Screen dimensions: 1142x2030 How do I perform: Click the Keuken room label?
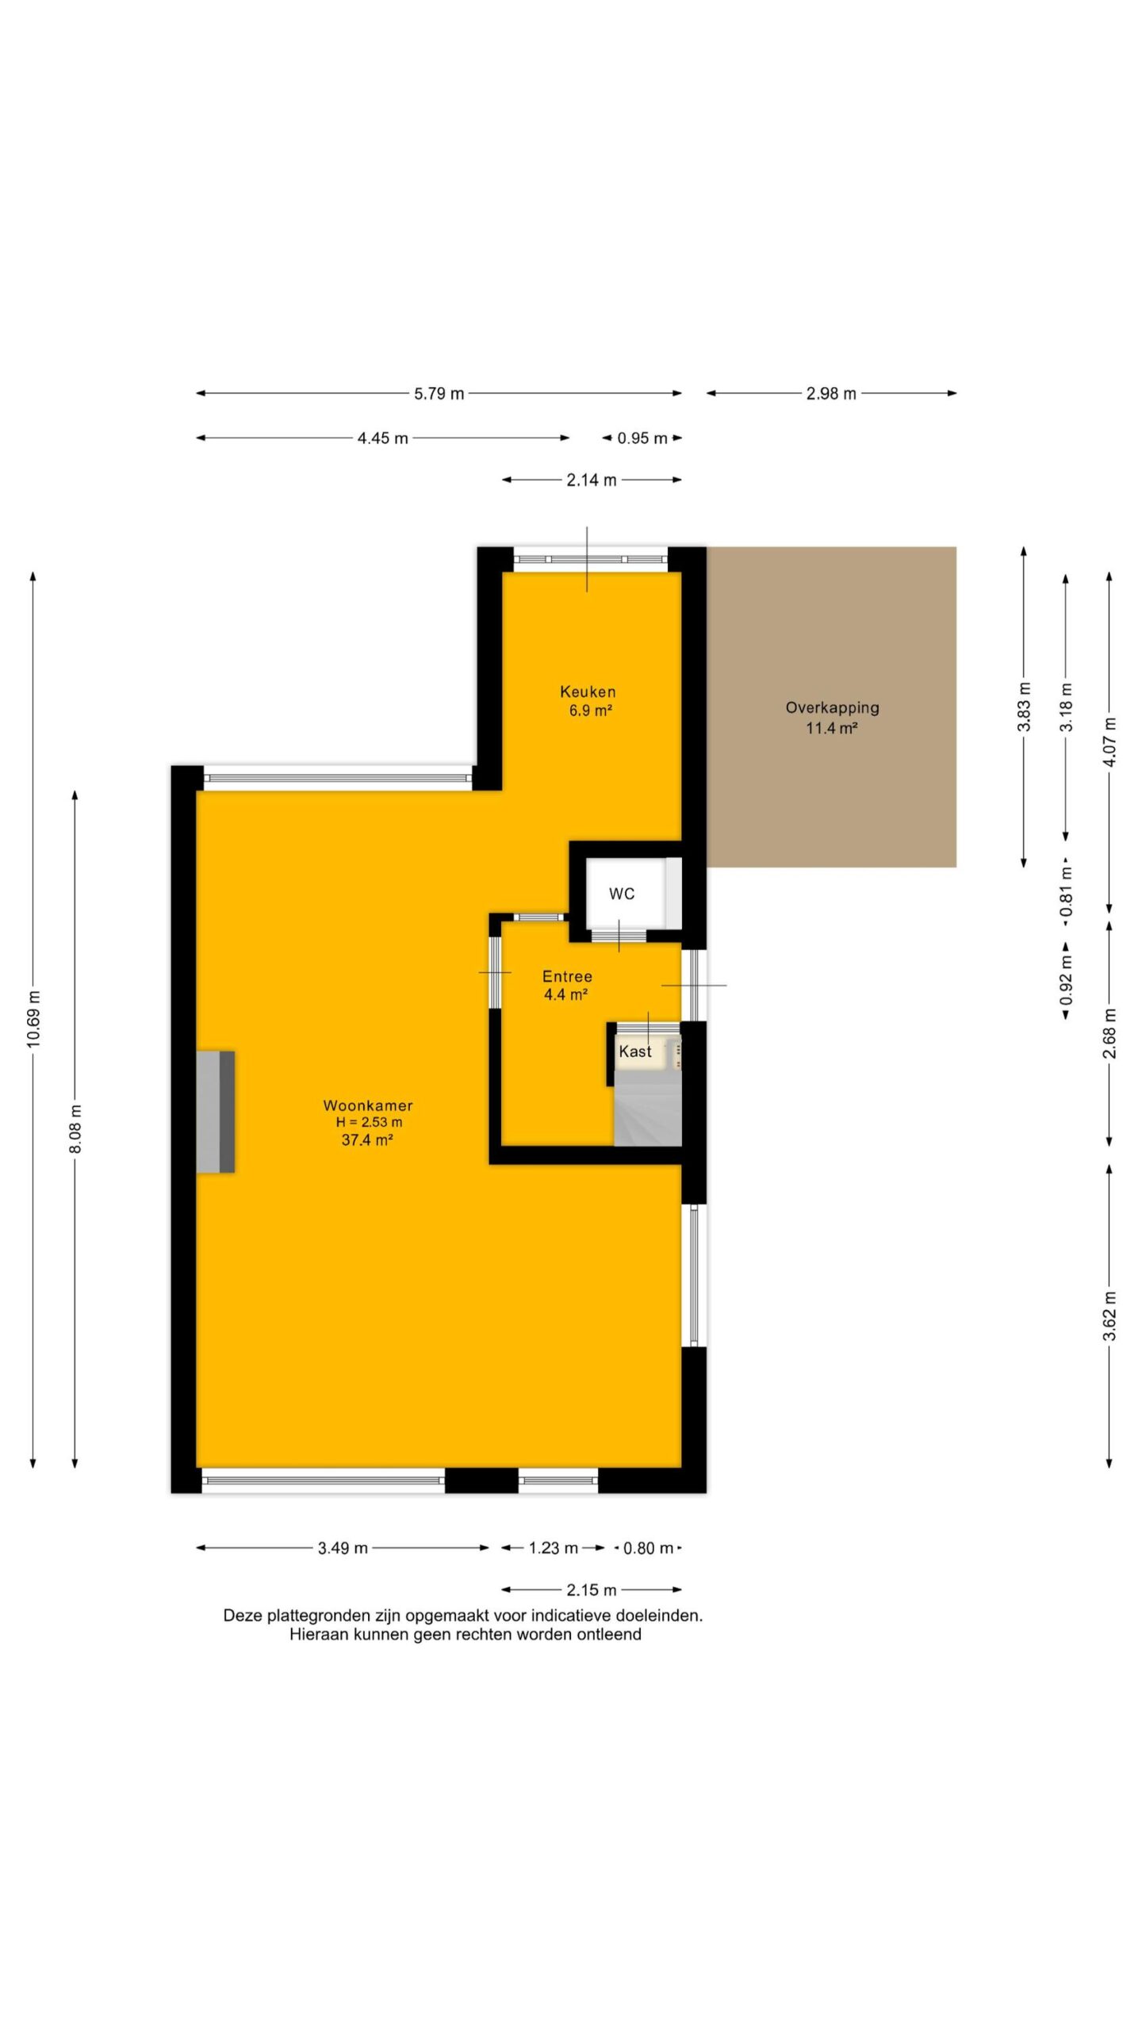tap(588, 691)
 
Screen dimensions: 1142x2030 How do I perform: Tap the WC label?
tap(622, 894)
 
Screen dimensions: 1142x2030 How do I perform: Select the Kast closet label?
tap(635, 1051)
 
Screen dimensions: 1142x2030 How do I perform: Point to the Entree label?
tap(567, 976)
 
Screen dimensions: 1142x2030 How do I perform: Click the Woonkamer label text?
tap(368, 1105)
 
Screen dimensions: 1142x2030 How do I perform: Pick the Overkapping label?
tap(832, 708)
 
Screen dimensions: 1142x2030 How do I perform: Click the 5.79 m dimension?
tap(439, 393)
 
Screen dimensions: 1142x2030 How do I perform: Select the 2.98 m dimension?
tap(831, 393)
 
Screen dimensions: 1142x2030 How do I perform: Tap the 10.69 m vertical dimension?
tap(33, 1019)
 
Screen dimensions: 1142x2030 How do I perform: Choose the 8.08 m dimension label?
tap(75, 1128)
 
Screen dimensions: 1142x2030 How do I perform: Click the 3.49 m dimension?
tap(343, 1548)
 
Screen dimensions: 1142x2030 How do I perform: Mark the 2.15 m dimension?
tap(592, 1590)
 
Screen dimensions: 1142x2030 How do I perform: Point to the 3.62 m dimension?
tap(1109, 1316)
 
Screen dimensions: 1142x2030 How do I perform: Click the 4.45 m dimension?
tap(383, 438)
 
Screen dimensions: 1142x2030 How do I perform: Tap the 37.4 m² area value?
tap(367, 1140)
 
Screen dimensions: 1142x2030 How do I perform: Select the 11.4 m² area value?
tap(832, 728)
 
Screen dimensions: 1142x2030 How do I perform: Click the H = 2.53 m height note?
tap(369, 1122)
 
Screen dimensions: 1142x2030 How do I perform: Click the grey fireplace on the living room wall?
tap(216, 1112)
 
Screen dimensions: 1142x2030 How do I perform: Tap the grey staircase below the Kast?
tap(648, 1108)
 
